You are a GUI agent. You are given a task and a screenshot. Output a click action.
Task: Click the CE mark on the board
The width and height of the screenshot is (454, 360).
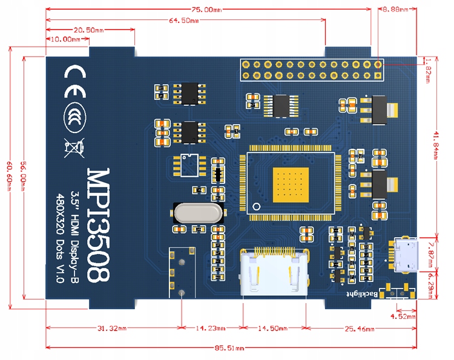(75, 73)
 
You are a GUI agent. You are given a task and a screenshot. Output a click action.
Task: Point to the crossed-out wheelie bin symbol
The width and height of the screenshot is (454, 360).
(73, 146)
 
